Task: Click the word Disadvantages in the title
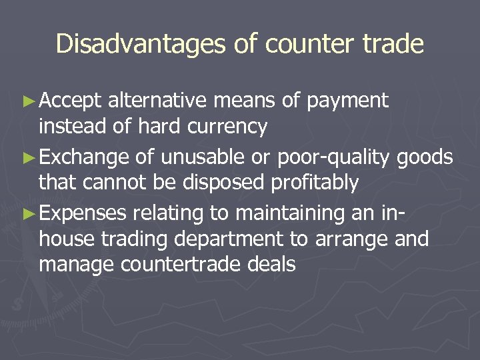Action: [141, 44]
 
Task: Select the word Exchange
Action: [83, 157]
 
